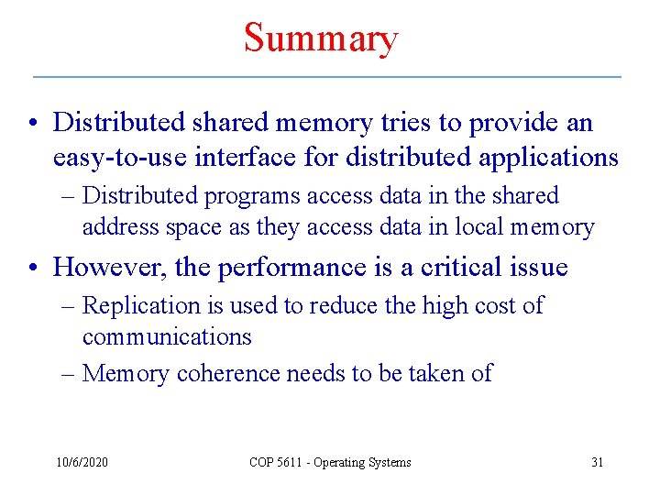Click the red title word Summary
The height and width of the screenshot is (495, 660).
pos(321,38)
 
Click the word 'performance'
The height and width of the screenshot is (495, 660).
pos(289,267)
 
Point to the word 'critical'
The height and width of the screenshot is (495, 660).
pos(466,267)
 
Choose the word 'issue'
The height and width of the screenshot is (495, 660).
pos(543,267)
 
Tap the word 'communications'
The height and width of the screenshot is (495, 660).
pos(167,336)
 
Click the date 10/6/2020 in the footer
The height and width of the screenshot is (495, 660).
pos(81,462)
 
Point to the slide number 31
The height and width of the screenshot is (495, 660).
pos(597,462)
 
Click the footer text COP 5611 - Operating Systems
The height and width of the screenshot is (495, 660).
pos(330,462)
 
